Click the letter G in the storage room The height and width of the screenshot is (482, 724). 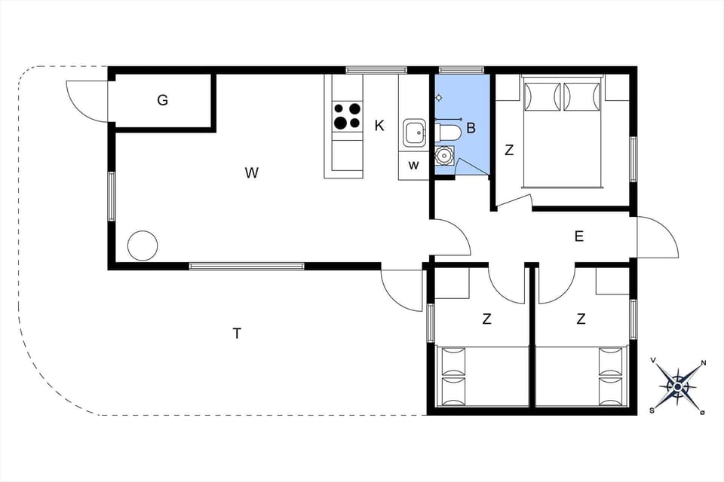click(x=163, y=99)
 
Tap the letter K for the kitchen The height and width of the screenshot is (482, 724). click(x=379, y=126)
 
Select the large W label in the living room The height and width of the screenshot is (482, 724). click(x=252, y=172)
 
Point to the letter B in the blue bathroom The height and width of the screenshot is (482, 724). click(x=471, y=128)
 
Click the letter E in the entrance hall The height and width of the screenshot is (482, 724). click(x=579, y=236)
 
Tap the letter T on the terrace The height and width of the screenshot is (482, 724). click(x=237, y=333)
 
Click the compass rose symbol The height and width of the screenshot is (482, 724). click(x=677, y=387)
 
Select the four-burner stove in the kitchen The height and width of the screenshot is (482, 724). click(x=347, y=116)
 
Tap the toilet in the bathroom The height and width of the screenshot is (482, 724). click(x=448, y=133)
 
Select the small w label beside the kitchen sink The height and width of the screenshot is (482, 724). click(x=413, y=165)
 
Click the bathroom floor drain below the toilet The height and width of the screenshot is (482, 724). click(x=444, y=156)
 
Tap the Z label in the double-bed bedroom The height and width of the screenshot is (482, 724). click(x=509, y=151)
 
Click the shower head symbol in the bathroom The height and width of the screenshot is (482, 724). click(x=439, y=97)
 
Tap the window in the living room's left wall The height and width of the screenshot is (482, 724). click(x=112, y=197)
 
